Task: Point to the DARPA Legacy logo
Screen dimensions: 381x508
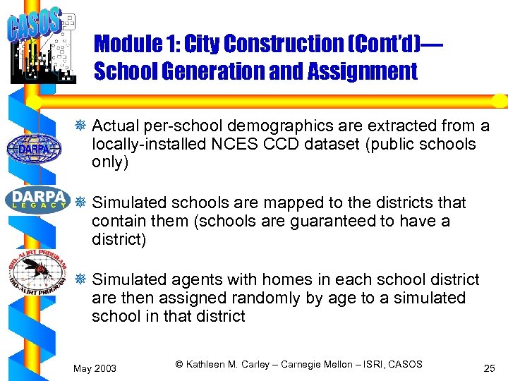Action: [x=37, y=198]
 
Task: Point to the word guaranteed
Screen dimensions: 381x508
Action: [x=327, y=222]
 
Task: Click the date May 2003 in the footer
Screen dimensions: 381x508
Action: [x=95, y=369]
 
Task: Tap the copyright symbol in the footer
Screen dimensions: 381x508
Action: [x=179, y=364]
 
